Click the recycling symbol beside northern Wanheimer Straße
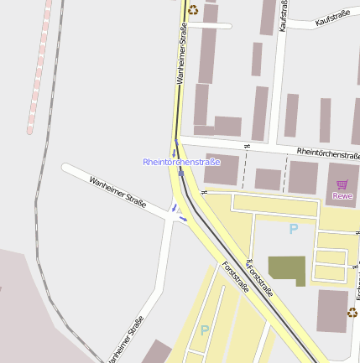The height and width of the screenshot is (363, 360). (x=193, y=10)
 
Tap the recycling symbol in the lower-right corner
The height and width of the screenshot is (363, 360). (x=352, y=313)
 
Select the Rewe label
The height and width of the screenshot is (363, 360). (x=342, y=195)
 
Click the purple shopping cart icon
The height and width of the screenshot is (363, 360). (x=342, y=184)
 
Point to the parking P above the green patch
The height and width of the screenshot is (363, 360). (x=293, y=228)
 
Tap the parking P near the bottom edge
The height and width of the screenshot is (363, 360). (x=205, y=330)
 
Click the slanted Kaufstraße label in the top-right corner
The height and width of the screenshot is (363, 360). (x=332, y=18)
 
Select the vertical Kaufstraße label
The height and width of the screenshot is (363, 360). (x=284, y=15)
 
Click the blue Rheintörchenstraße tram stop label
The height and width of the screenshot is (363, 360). (x=181, y=161)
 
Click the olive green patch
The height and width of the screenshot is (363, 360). (x=287, y=270)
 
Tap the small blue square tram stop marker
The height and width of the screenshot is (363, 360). (x=180, y=174)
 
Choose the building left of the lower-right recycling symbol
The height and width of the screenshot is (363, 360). (x=332, y=310)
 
